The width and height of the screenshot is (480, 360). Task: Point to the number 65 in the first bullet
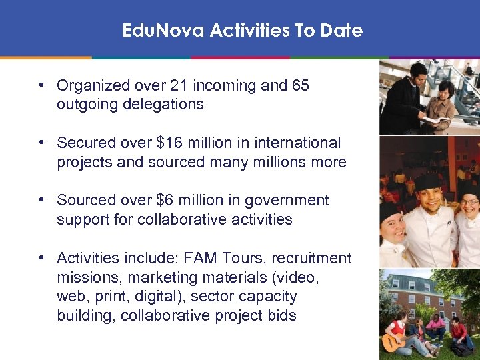tap(300, 85)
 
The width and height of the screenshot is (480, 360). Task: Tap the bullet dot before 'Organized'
tap(41, 85)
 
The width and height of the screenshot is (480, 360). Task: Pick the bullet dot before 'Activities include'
tap(41, 258)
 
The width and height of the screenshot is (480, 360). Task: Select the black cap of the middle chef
tap(427, 181)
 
